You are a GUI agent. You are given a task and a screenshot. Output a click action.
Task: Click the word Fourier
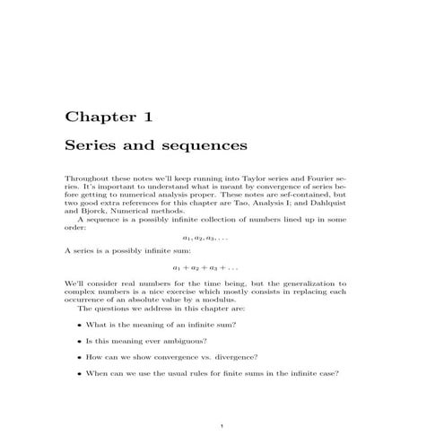[313, 178]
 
